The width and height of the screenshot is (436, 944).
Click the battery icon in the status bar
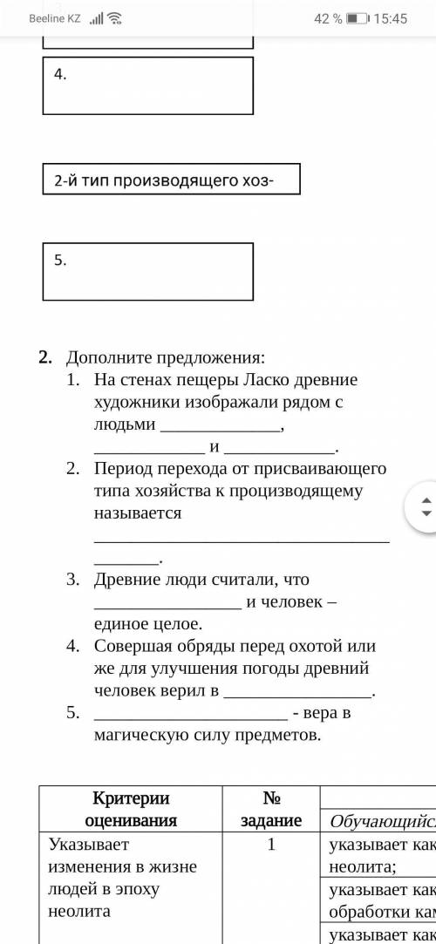coord(357,18)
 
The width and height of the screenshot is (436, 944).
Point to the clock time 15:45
coord(390,18)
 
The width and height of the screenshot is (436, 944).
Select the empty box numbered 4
coord(148,85)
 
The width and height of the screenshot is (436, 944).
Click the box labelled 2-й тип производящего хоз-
coord(171,180)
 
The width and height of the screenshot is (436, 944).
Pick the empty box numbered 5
coord(148,270)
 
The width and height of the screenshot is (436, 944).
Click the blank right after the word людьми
coord(221,427)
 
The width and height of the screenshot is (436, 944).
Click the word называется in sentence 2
coord(138,513)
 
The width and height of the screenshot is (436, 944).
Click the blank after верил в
coord(297,693)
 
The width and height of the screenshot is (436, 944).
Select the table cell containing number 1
coord(271,843)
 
